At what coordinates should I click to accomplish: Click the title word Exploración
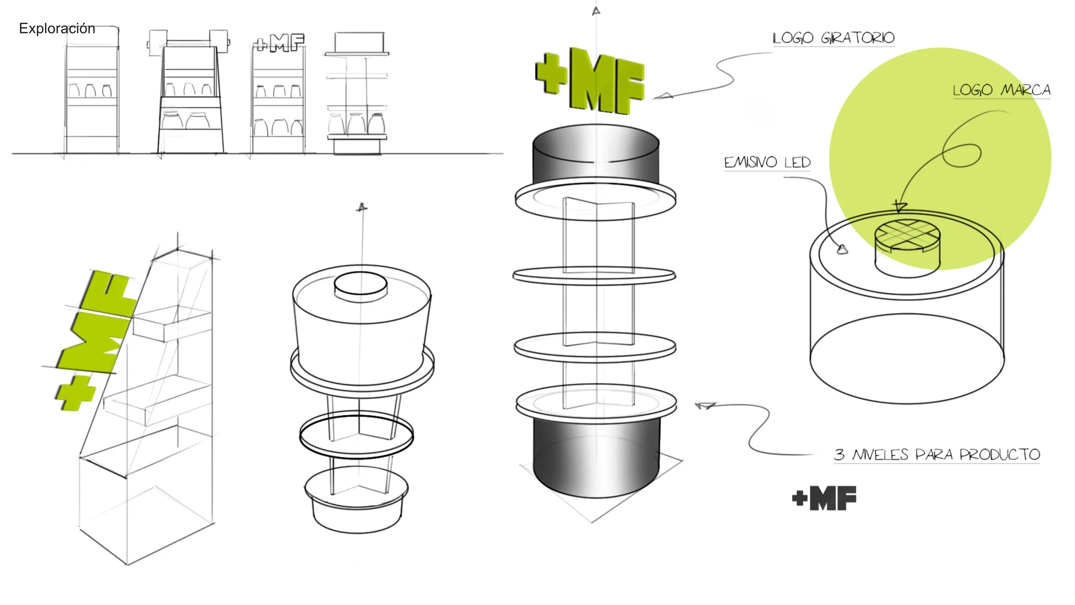(57, 28)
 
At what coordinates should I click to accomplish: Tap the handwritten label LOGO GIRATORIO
(833, 38)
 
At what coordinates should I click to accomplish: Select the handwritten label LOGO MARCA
(1001, 90)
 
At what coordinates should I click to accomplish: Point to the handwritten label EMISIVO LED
(767, 162)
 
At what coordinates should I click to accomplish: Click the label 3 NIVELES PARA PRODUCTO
(937, 454)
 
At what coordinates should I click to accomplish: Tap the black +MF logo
(824, 498)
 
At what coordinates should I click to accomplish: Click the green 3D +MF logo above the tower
(590, 81)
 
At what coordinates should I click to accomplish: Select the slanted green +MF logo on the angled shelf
(95, 340)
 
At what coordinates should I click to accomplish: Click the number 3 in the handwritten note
(839, 454)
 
